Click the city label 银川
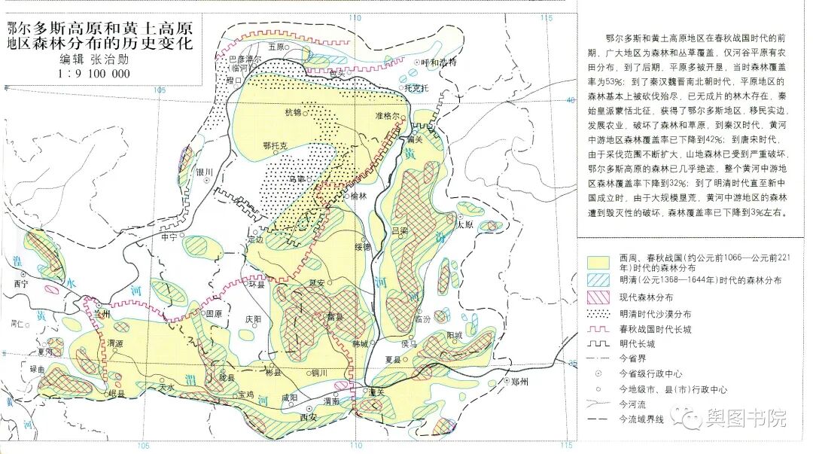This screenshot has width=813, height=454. (205, 172)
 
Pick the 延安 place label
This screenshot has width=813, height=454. (317, 283)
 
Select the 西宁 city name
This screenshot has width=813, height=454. (20, 284)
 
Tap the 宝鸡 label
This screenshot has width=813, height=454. (245, 394)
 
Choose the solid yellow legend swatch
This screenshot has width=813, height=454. (598, 262)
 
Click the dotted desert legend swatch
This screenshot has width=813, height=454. (598, 314)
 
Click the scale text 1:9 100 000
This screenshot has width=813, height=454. (93, 74)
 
